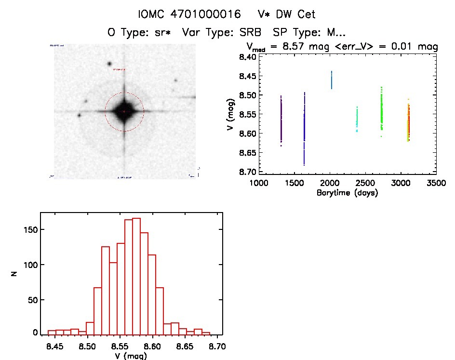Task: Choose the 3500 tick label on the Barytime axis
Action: point(437,183)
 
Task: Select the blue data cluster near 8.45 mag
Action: point(332,80)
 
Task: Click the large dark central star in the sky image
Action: point(124,111)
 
